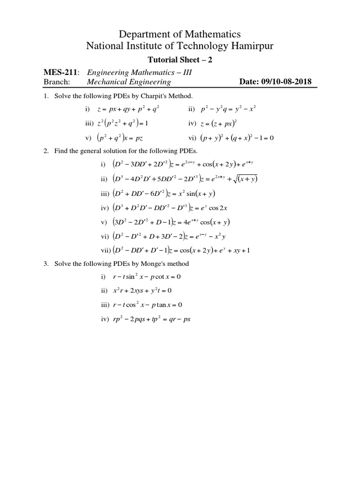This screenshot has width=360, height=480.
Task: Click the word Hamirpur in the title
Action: click(244, 46)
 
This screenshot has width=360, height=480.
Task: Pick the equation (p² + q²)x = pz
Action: click(124, 138)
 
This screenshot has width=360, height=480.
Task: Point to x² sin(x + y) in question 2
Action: click(191, 194)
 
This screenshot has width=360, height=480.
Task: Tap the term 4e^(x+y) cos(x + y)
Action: click(207, 222)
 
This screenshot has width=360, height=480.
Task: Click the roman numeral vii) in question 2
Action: click(104, 250)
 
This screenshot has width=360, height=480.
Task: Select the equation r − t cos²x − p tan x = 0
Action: click(148, 305)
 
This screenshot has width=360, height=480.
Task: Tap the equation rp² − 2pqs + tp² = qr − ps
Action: click(152, 319)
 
